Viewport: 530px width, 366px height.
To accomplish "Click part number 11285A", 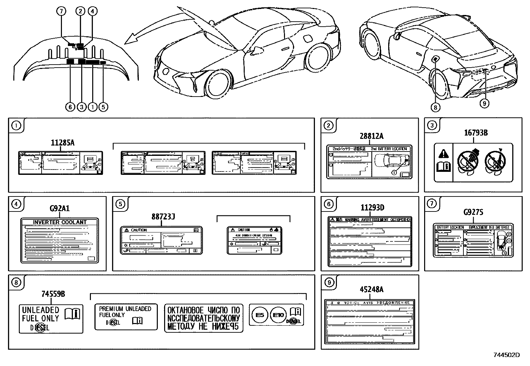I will point(63,143).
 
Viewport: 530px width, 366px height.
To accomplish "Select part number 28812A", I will point(371,136).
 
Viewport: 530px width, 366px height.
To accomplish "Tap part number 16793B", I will point(476,133).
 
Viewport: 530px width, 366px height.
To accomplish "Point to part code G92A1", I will point(60,208).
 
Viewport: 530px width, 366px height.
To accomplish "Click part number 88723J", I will point(163,217).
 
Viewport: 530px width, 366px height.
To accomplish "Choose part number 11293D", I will point(373,208).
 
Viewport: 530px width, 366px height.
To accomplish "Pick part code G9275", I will point(473,212).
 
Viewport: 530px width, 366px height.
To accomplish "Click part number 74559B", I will point(53,294).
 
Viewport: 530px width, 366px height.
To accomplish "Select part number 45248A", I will point(372,289).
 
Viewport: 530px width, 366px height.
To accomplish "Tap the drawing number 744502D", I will point(506,355).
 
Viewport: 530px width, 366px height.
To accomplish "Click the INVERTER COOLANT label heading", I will point(60,222).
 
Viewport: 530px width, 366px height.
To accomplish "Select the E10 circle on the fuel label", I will point(278,315).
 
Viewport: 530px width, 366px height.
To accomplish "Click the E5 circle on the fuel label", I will point(260,315).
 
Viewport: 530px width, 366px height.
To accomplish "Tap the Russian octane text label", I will point(203,318).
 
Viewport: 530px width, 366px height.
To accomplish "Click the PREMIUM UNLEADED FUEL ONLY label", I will point(126,316).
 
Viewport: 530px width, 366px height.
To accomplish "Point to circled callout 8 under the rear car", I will point(435,107).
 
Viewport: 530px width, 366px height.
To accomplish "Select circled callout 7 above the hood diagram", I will point(61,11).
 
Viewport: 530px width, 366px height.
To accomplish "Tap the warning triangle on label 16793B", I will point(443,154).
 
